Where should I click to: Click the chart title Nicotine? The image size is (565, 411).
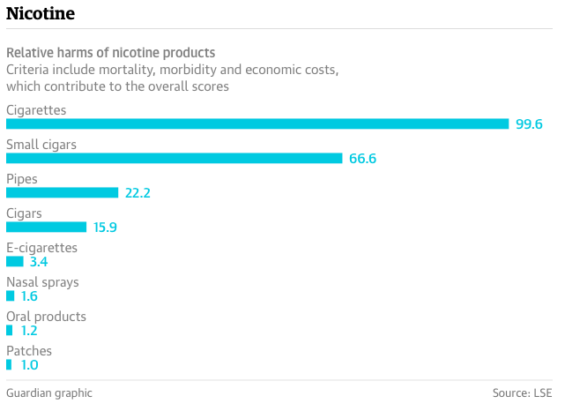coord(41,14)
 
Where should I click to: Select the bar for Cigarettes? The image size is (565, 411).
coord(257,124)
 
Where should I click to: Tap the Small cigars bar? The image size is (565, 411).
coord(174,159)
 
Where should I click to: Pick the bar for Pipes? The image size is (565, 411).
coord(62,193)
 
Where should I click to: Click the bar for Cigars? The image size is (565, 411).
coord(46,228)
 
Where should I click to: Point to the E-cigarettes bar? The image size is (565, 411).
coord(15,262)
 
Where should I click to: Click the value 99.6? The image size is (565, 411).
coord(529,124)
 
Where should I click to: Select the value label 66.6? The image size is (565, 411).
coord(362,159)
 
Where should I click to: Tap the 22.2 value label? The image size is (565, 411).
coord(138,193)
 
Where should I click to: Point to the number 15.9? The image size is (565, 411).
coord(106,228)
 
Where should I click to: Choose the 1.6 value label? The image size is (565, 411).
coord(30,296)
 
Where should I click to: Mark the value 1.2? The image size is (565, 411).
coord(29,331)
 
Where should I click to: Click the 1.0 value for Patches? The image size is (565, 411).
coord(29,364)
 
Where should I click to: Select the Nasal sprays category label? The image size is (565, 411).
coord(42,282)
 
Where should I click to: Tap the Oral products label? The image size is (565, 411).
coord(46,317)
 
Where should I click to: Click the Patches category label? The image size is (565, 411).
coord(29,351)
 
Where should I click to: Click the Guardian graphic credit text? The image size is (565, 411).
coord(49,393)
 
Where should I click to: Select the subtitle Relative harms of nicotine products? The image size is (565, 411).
coord(110,53)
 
